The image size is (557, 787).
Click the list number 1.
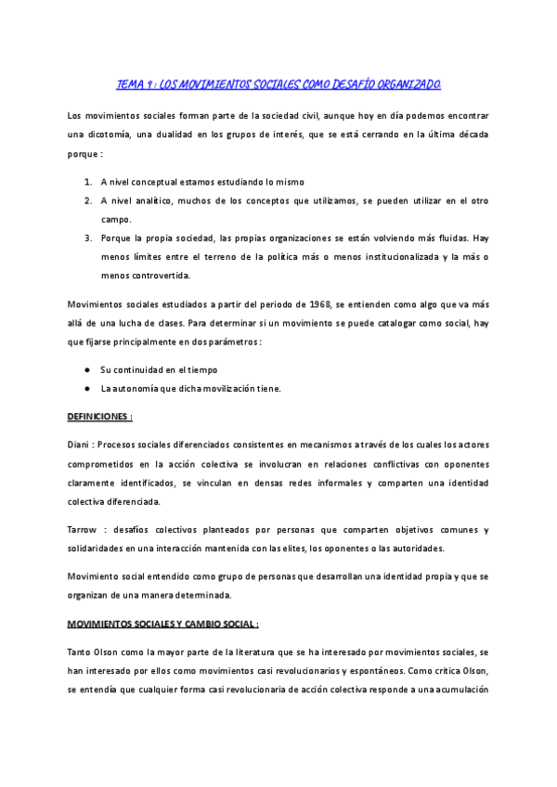(x=88, y=181)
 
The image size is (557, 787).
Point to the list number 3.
(x=88, y=237)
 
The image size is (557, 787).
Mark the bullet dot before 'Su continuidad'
(x=85, y=369)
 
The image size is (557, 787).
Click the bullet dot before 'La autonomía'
(x=85, y=388)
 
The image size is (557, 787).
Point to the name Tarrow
(x=85, y=530)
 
